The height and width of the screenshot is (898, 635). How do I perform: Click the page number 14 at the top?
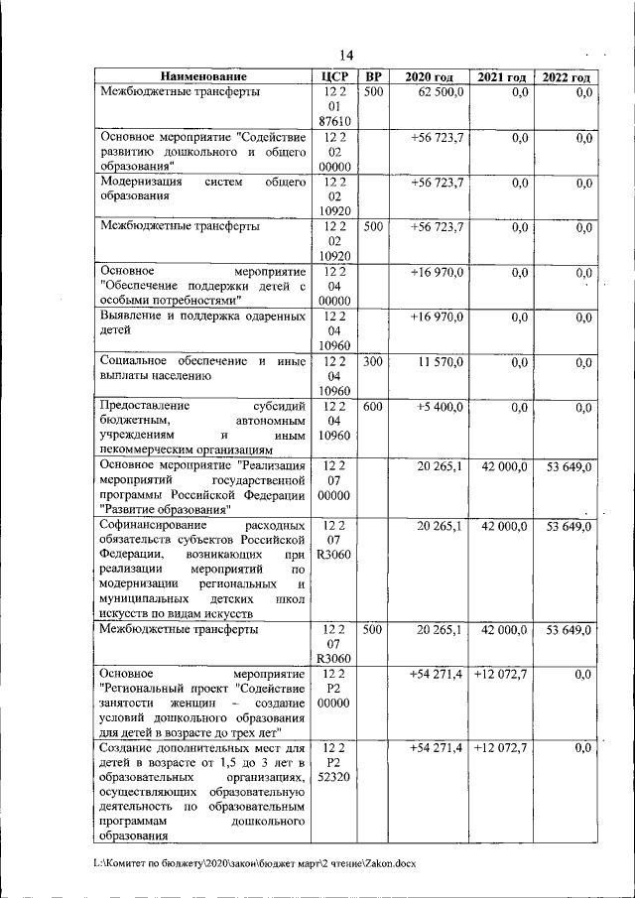(x=345, y=55)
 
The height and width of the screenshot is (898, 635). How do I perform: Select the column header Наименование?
(x=203, y=76)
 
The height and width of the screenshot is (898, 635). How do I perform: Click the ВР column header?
(x=372, y=76)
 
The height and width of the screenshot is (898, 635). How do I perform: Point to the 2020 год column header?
(x=429, y=76)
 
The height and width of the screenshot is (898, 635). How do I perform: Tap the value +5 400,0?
(x=438, y=407)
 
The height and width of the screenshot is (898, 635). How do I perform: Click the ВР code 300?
(x=372, y=362)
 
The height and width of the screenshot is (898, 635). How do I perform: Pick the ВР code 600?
(x=372, y=407)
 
